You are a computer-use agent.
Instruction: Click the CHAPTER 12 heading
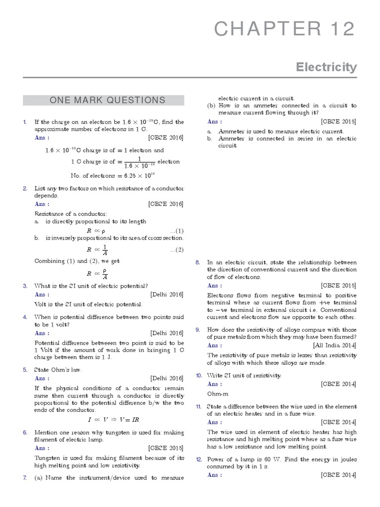click(x=285, y=30)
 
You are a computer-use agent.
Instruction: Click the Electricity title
click(x=327, y=67)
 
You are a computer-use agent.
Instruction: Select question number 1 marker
click(x=25, y=122)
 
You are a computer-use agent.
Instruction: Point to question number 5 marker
click(x=25, y=369)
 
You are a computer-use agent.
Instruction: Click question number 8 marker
click(x=197, y=262)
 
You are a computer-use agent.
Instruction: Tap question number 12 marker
click(x=198, y=459)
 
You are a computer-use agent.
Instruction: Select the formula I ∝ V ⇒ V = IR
click(x=113, y=419)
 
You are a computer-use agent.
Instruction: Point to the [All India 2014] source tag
click(x=334, y=345)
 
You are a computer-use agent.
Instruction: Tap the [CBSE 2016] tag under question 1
click(x=166, y=138)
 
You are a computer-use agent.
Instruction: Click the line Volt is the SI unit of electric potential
click(x=88, y=304)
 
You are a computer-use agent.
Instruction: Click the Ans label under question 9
click(x=214, y=345)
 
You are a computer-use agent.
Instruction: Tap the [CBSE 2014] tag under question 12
click(x=338, y=475)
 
